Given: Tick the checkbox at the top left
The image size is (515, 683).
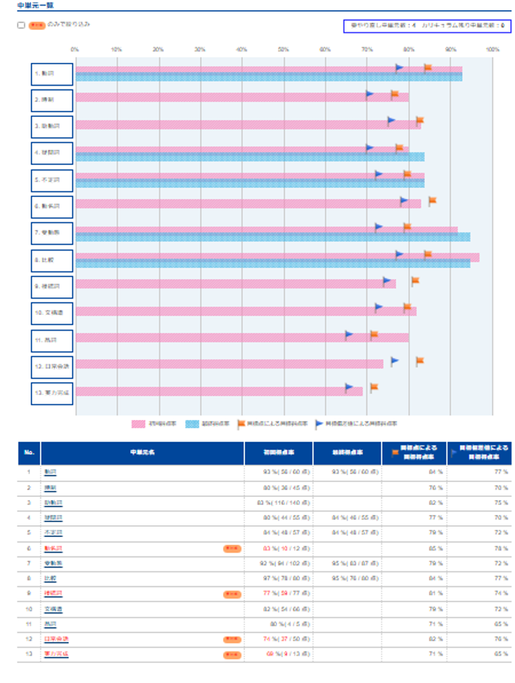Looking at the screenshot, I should point(21,25).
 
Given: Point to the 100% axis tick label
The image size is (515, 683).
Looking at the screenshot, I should point(492,49).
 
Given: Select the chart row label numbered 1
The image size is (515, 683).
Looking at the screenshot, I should point(52,74).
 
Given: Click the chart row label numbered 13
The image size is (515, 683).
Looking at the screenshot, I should point(52,391).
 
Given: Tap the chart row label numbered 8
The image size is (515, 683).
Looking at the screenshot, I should point(52,259).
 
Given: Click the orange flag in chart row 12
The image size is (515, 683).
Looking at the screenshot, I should point(420,360).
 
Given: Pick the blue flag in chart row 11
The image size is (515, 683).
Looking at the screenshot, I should point(349,334).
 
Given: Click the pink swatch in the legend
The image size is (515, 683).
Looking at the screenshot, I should point(138,424).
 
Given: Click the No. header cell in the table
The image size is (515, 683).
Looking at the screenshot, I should point(30,452).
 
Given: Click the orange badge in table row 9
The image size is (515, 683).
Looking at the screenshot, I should point(232,594).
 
